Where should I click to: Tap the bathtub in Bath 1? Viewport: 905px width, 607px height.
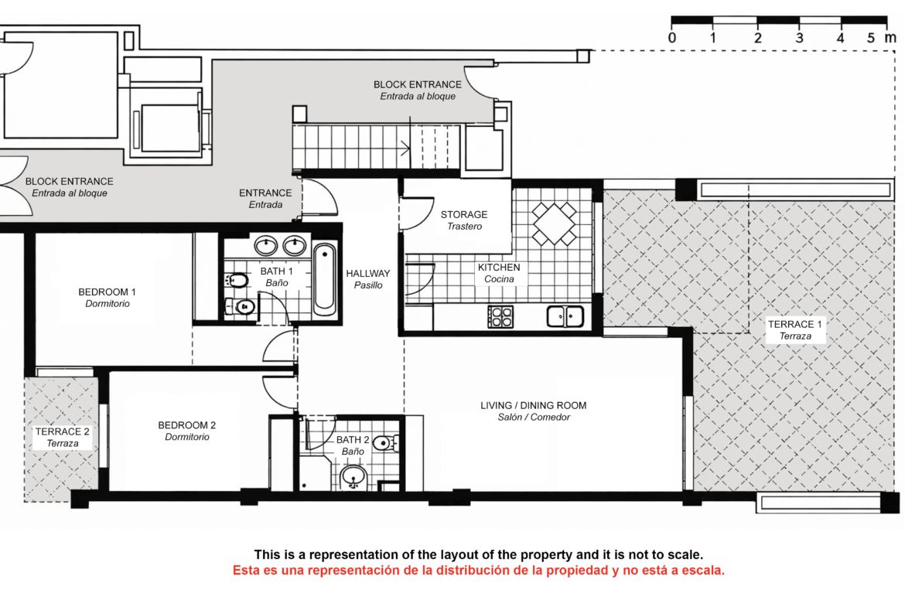click(x=324, y=279)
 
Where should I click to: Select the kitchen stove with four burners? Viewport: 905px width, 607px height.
click(x=500, y=317)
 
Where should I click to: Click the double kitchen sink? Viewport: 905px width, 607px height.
click(x=565, y=316)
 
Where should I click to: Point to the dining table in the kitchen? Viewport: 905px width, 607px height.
click(x=554, y=223)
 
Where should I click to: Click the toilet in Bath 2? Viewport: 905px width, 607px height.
click(x=385, y=443)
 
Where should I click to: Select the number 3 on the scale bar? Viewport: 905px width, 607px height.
click(x=799, y=38)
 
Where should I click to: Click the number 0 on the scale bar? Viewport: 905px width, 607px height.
click(x=672, y=38)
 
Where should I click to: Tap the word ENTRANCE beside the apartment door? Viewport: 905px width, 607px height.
click(x=265, y=193)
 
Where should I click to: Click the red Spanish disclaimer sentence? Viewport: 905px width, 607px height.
click(x=479, y=571)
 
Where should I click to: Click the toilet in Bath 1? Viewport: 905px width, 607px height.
click(x=236, y=281)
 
